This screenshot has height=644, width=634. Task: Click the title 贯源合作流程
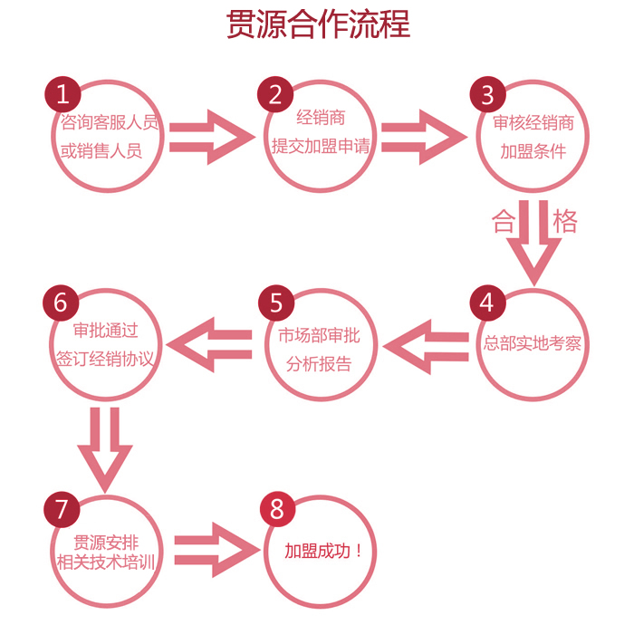pyautogui.click(x=318, y=24)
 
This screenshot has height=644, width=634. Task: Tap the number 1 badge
pyautogui.click(x=62, y=94)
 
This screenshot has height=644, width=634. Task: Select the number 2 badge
pyautogui.click(x=275, y=94)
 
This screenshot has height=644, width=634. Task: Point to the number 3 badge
pyautogui.click(x=488, y=94)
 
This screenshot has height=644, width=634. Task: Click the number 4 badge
pyautogui.click(x=488, y=303)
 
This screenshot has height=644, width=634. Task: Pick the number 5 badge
pyautogui.click(x=276, y=303)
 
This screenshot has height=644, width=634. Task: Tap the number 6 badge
pyautogui.click(x=61, y=303)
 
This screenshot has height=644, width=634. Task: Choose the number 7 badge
pyautogui.click(x=62, y=509)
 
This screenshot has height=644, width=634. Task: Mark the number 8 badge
pyautogui.click(x=277, y=509)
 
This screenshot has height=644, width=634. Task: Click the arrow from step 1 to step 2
pyautogui.click(x=212, y=137)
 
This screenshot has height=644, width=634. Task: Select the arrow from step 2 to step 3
pyautogui.click(x=424, y=137)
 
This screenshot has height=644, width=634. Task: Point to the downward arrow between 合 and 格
pyautogui.click(x=533, y=243)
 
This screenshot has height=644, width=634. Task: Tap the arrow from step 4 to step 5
pyautogui.click(x=426, y=347)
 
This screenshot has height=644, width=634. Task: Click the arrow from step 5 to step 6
pyautogui.click(x=209, y=344)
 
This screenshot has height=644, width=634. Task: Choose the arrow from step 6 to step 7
pyautogui.click(x=105, y=450)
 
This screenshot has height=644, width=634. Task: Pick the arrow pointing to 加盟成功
pyautogui.click(x=217, y=550)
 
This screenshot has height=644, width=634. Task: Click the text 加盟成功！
pyautogui.click(x=323, y=552)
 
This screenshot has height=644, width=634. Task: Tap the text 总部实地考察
pyautogui.click(x=533, y=343)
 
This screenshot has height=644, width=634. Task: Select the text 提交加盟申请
pyautogui.click(x=321, y=146)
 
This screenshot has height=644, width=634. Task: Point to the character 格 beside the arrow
pyautogui.click(x=565, y=221)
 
